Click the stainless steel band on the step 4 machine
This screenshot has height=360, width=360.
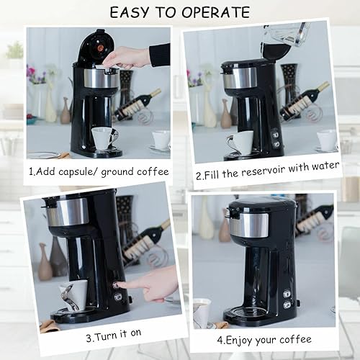coord(249,224)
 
